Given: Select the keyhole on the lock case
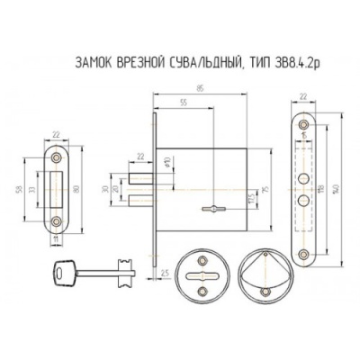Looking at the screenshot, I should coord(217,210).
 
